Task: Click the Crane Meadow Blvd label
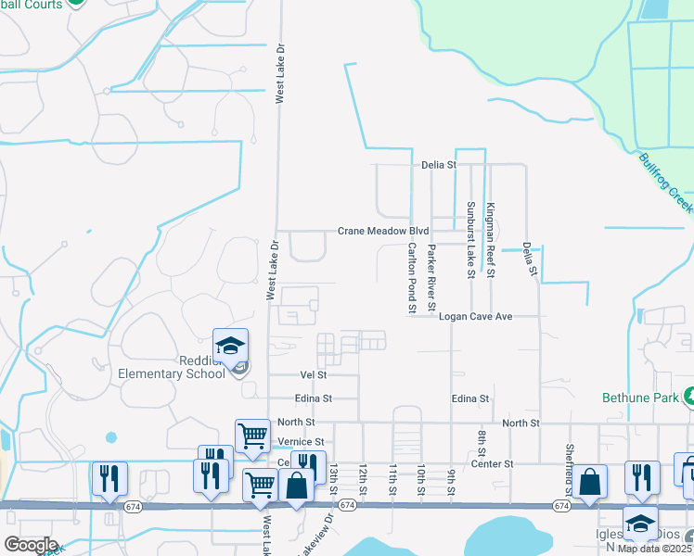click(x=383, y=231)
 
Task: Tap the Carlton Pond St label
click(x=411, y=278)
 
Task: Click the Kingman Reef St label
click(x=491, y=241)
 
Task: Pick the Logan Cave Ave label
click(x=476, y=316)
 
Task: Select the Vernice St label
click(x=306, y=442)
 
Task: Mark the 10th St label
click(x=421, y=480)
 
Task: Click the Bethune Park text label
click(x=636, y=398)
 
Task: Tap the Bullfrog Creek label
click(x=667, y=183)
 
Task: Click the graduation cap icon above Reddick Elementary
click(x=230, y=347)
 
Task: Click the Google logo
click(x=31, y=545)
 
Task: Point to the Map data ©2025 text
click(x=655, y=549)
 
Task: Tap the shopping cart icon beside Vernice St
click(x=252, y=435)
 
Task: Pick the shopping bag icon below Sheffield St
click(x=589, y=482)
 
